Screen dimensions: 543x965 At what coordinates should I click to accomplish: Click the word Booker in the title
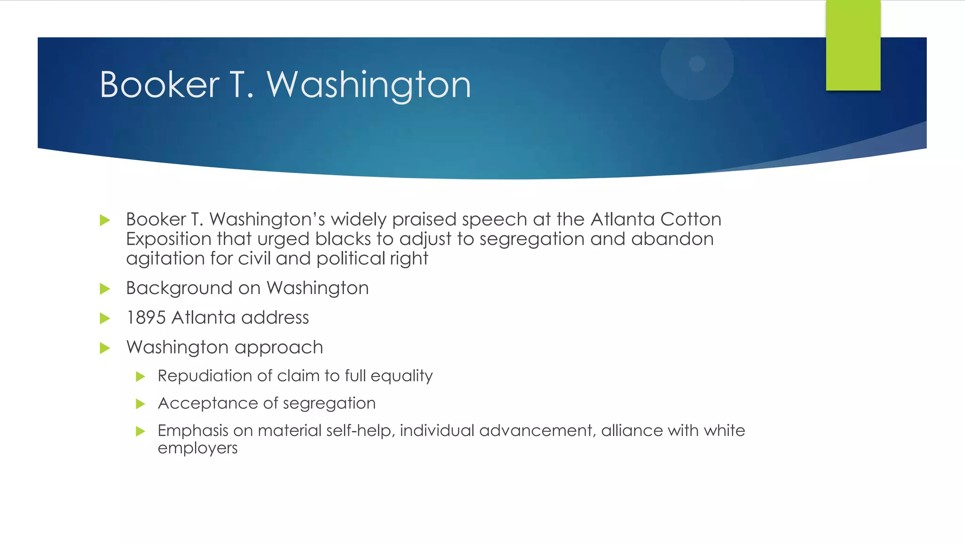160,85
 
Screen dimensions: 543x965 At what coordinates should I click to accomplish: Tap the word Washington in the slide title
369,85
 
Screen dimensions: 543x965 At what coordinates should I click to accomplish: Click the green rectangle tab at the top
853,45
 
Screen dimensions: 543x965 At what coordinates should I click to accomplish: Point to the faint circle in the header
697,64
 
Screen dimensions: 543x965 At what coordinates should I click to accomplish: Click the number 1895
146,318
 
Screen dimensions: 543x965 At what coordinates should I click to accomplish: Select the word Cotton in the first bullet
690,220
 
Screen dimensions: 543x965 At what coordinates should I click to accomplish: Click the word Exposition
168,239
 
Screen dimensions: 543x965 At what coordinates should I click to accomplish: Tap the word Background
179,288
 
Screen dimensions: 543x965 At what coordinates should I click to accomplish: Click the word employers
197,448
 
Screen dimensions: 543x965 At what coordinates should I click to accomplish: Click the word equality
401,376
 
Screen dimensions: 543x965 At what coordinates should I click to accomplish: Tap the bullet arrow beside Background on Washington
105,288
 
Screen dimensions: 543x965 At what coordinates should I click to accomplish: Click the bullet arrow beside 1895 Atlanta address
105,318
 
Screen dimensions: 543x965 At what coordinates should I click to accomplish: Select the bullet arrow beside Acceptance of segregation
140,403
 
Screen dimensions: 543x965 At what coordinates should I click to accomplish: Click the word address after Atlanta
275,318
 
